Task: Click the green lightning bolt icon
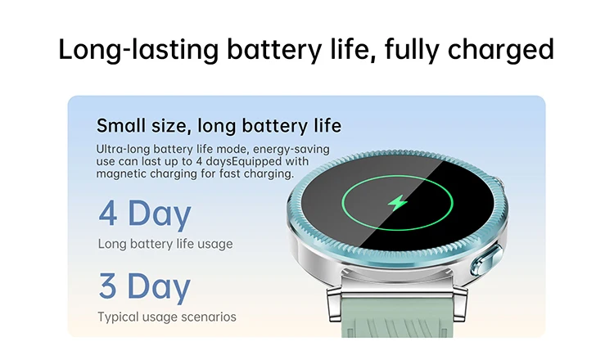click(398, 203)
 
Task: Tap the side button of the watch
click(486, 259)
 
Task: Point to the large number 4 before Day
click(108, 213)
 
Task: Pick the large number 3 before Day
click(107, 286)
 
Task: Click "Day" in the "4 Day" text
click(160, 215)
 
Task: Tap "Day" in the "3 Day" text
click(159, 288)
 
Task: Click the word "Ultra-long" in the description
click(123, 149)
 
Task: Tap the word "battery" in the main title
click(274, 50)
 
